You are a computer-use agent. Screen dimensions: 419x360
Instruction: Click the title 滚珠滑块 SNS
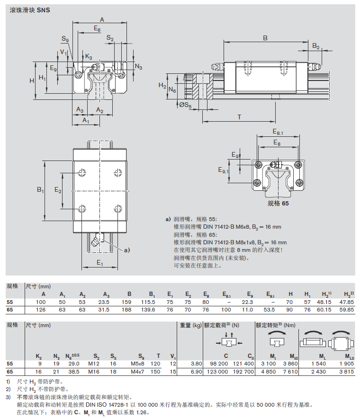(x=29, y=9)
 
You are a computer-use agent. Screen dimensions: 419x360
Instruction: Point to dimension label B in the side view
(x=265, y=38)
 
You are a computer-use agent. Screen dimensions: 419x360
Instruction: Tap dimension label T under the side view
(x=239, y=117)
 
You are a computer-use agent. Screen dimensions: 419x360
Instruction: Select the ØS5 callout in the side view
(x=185, y=105)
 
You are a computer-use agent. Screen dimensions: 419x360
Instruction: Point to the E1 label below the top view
(x=100, y=262)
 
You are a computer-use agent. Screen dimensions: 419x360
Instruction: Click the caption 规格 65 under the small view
(x=278, y=203)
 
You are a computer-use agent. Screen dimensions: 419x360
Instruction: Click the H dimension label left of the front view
(x=32, y=80)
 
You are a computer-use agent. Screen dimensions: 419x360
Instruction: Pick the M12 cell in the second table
(x=96, y=363)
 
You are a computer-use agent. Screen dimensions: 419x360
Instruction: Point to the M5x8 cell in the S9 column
(x=140, y=363)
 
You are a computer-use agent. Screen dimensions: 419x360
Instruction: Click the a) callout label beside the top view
(x=126, y=249)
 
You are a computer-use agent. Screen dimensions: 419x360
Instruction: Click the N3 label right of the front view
(x=138, y=67)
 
